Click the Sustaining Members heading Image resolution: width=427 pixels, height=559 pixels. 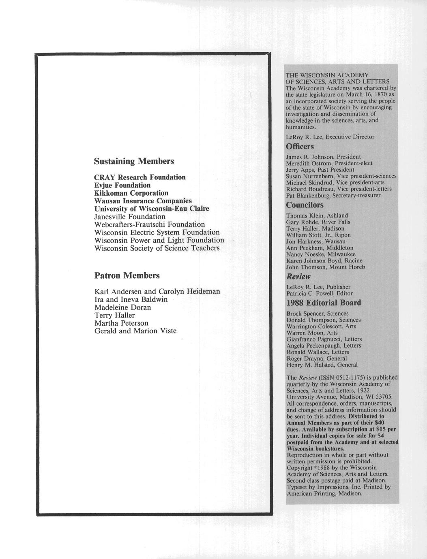[x=134, y=161]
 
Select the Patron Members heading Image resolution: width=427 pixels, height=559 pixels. [x=127, y=275]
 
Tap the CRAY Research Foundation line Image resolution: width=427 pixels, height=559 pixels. [x=140, y=177]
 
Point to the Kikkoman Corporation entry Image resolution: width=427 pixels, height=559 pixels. [x=131, y=193]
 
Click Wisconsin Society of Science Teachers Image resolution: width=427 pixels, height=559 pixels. [x=157, y=248]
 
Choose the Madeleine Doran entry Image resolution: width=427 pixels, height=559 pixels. [x=122, y=307]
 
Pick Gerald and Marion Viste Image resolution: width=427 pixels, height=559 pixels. [x=135, y=331]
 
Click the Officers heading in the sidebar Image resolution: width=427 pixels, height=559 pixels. [x=300, y=146]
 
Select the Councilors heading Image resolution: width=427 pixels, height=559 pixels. [x=305, y=205]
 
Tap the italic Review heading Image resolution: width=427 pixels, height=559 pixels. [x=298, y=277]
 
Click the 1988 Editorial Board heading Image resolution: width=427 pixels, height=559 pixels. [x=324, y=303]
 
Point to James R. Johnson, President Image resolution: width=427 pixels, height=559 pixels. [x=323, y=157]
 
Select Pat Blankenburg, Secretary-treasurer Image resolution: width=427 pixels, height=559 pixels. [x=333, y=195]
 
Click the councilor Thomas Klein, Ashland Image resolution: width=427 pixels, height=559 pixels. [x=317, y=215]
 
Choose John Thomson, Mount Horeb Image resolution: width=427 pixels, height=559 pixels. [x=326, y=267]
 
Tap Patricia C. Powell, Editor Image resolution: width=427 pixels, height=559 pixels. [x=320, y=293]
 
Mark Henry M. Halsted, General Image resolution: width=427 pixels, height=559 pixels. [x=322, y=365]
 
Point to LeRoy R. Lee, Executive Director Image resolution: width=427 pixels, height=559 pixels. [x=330, y=137]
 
